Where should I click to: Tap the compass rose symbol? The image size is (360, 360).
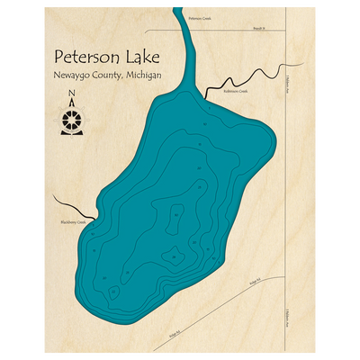click(71, 121)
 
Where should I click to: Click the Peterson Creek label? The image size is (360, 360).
click(200, 17)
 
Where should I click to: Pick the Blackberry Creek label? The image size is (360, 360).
click(73, 222)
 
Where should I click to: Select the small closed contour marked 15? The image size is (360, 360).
click(112, 292)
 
